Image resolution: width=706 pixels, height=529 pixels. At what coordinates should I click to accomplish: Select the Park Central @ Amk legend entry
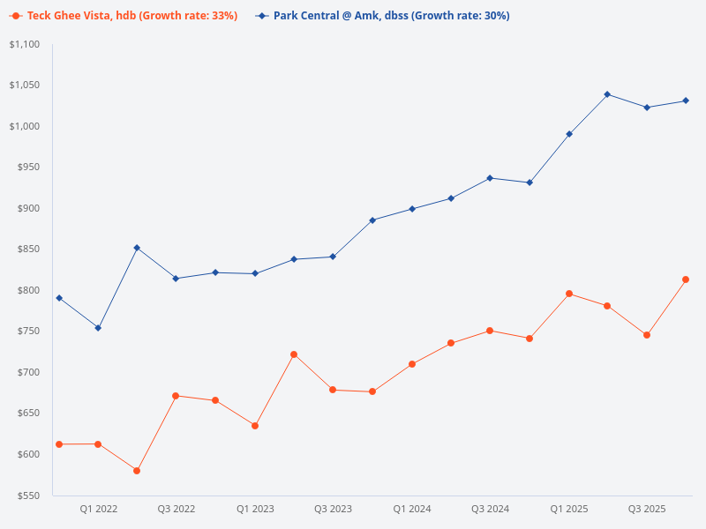tap(388, 16)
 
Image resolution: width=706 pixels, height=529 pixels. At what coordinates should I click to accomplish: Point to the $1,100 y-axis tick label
tap(26, 44)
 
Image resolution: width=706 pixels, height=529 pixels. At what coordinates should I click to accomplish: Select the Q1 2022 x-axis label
tap(99, 509)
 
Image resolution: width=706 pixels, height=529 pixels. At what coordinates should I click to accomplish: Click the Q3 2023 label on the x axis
tap(333, 509)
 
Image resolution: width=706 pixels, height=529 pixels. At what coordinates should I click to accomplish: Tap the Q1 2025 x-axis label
tap(569, 509)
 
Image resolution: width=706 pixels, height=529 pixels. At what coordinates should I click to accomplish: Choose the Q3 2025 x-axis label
tap(647, 509)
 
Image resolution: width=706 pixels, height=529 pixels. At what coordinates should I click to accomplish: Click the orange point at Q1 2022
tap(98, 444)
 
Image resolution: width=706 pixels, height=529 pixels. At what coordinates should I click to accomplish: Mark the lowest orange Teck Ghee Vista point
tap(137, 471)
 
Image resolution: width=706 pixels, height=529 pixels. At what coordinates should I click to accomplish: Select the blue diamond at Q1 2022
tap(98, 328)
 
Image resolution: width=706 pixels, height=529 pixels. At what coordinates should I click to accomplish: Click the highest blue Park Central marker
tap(607, 94)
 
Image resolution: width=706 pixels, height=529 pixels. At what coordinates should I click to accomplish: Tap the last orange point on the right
tap(686, 279)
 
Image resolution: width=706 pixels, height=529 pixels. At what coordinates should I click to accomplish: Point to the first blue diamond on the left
tap(59, 298)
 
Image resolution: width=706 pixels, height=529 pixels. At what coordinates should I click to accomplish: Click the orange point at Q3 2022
tap(176, 396)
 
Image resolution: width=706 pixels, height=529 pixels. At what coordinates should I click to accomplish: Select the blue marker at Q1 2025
tap(569, 134)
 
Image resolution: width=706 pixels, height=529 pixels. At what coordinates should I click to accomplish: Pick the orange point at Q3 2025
tap(647, 335)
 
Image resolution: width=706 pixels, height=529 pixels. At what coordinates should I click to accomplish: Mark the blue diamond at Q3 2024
tap(490, 178)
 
